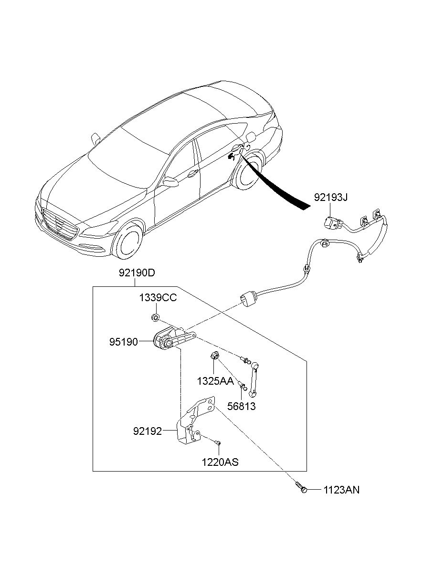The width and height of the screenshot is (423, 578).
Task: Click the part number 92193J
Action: [x=330, y=197]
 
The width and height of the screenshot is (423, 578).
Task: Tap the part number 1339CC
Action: [x=158, y=298]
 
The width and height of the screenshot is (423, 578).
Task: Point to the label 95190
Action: [x=123, y=342]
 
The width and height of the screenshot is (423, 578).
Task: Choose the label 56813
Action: [x=241, y=407]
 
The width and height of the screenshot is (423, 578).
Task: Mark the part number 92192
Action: [x=148, y=431]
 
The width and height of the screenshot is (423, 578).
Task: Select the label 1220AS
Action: [x=220, y=462]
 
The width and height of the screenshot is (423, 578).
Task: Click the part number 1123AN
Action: [x=341, y=490]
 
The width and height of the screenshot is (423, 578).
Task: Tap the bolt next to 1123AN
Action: [x=301, y=488]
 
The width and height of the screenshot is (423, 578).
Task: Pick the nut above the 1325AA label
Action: [x=214, y=356]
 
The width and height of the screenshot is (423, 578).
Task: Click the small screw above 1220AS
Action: [x=218, y=443]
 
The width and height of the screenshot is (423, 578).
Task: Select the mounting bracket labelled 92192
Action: [x=191, y=425]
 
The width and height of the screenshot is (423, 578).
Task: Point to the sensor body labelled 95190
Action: [x=165, y=340]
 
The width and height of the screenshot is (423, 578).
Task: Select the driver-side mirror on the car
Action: [x=169, y=181]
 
